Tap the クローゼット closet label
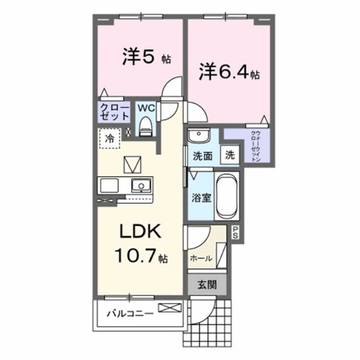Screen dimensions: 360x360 (114, 113)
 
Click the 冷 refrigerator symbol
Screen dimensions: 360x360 (109, 138)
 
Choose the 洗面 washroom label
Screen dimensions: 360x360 (202, 155)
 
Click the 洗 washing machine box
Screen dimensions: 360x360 (228, 154)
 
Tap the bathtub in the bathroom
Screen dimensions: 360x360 (225, 195)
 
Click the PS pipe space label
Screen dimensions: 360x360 (235, 233)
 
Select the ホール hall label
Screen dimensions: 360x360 (201, 257)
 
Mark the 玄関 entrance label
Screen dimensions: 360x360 (208, 284)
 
